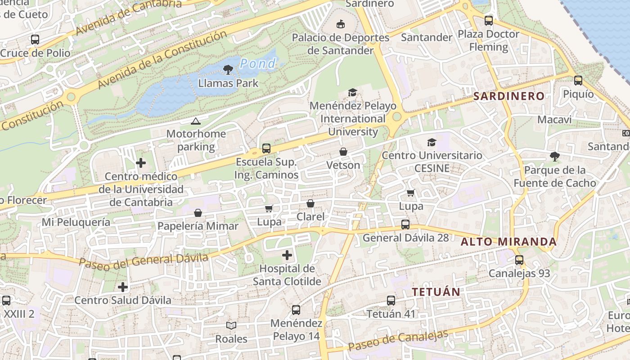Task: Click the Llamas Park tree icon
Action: [x=228, y=70]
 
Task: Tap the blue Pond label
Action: [x=257, y=64]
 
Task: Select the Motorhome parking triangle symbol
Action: [x=195, y=121]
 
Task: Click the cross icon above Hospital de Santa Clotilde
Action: [x=287, y=256]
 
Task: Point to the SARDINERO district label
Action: [x=509, y=96]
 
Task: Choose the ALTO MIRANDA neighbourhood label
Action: [x=508, y=242]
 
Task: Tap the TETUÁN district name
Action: [x=436, y=292]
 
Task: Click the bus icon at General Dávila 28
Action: [x=405, y=225]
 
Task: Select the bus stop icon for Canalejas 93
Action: [x=519, y=260]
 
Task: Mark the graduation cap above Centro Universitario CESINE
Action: [x=432, y=142]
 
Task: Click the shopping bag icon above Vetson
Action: [x=343, y=152]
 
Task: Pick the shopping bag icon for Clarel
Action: [x=310, y=204]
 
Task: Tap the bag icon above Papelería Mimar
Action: [x=198, y=213]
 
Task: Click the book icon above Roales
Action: [x=231, y=325]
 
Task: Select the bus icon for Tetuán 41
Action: [x=391, y=301]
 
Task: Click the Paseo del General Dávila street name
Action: [x=144, y=260]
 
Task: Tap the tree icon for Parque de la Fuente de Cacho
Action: [x=555, y=157]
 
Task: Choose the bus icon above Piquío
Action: [x=578, y=81]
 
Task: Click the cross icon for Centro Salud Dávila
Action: [x=123, y=287]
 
